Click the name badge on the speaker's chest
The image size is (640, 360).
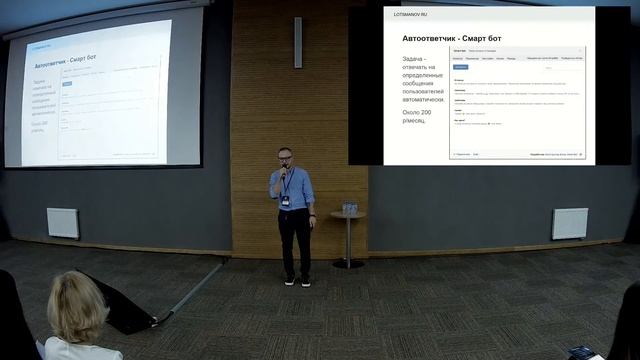coord(288,200)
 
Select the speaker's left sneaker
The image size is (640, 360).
coord(305,282)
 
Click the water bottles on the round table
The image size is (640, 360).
coord(349,208)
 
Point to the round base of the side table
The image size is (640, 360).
coord(348,264)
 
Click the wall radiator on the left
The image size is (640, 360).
coord(63,222)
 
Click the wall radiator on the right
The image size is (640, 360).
coord(569,223)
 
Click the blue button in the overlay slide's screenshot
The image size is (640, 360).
coord(461,66)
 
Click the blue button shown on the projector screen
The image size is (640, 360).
coord(68,85)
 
